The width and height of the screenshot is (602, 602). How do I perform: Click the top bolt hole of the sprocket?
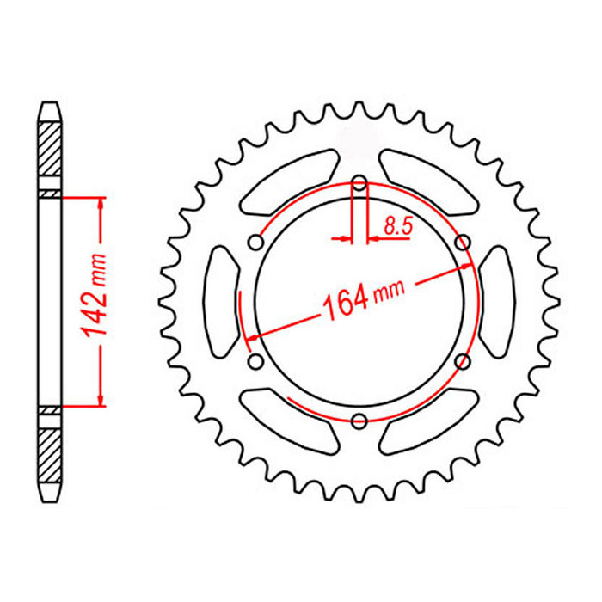click(359, 182)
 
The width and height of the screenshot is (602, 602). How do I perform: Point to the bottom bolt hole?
click(359, 420)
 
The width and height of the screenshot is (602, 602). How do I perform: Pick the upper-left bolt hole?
click(255, 243)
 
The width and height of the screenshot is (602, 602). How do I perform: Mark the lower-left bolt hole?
click(255, 361)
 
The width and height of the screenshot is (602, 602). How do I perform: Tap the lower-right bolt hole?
click(464, 361)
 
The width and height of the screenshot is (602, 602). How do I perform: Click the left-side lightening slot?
click(222, 300)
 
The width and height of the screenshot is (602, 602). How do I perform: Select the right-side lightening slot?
click(497, 300)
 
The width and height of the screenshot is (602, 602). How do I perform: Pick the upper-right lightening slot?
click(428, 181)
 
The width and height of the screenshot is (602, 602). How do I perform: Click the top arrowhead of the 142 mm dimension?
click(102, 202)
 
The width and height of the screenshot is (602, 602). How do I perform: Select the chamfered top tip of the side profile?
click(50, 110)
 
